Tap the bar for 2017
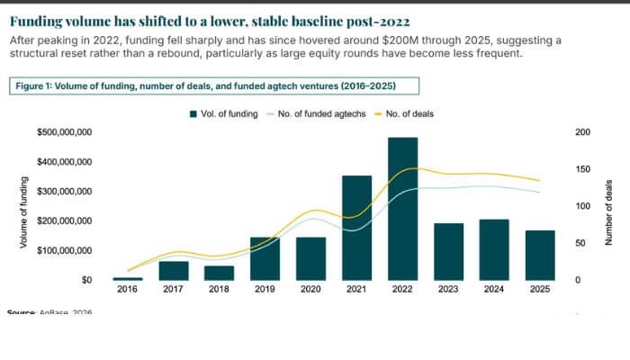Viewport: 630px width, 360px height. tap(174, 271)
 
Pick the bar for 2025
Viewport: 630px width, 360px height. tap(541, 256)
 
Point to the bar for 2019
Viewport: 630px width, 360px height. tap(265, 259)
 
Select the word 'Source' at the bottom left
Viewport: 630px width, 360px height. tap(20, 312)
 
